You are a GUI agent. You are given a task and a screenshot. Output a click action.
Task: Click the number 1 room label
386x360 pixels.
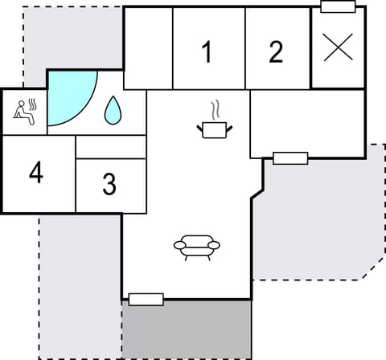[x=207, y=52]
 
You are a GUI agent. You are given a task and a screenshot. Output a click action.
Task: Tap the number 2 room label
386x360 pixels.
[x=276, y=52]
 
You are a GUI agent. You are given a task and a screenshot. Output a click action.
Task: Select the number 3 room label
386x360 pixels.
[x=109, y=184]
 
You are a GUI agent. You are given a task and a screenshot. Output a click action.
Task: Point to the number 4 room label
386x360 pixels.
[x=35, y=172]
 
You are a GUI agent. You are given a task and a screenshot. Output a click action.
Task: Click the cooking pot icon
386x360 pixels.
[x=212, y=129]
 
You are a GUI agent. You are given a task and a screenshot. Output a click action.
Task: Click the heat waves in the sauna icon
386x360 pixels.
[x=33, y=104]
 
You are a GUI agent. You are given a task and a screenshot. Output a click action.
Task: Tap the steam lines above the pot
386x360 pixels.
[x=214, y=109]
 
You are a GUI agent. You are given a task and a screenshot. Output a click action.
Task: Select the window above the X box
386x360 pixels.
[x=338, y=7]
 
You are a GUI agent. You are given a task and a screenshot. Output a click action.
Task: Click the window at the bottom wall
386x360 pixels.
[x=146, y=300]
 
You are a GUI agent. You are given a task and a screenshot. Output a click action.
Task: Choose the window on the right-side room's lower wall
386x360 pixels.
[x=290, y=157]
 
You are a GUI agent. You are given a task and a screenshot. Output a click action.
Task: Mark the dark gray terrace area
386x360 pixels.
[x=187, y=329]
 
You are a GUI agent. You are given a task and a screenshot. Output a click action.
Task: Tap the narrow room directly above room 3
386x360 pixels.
[x=110, y=147]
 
